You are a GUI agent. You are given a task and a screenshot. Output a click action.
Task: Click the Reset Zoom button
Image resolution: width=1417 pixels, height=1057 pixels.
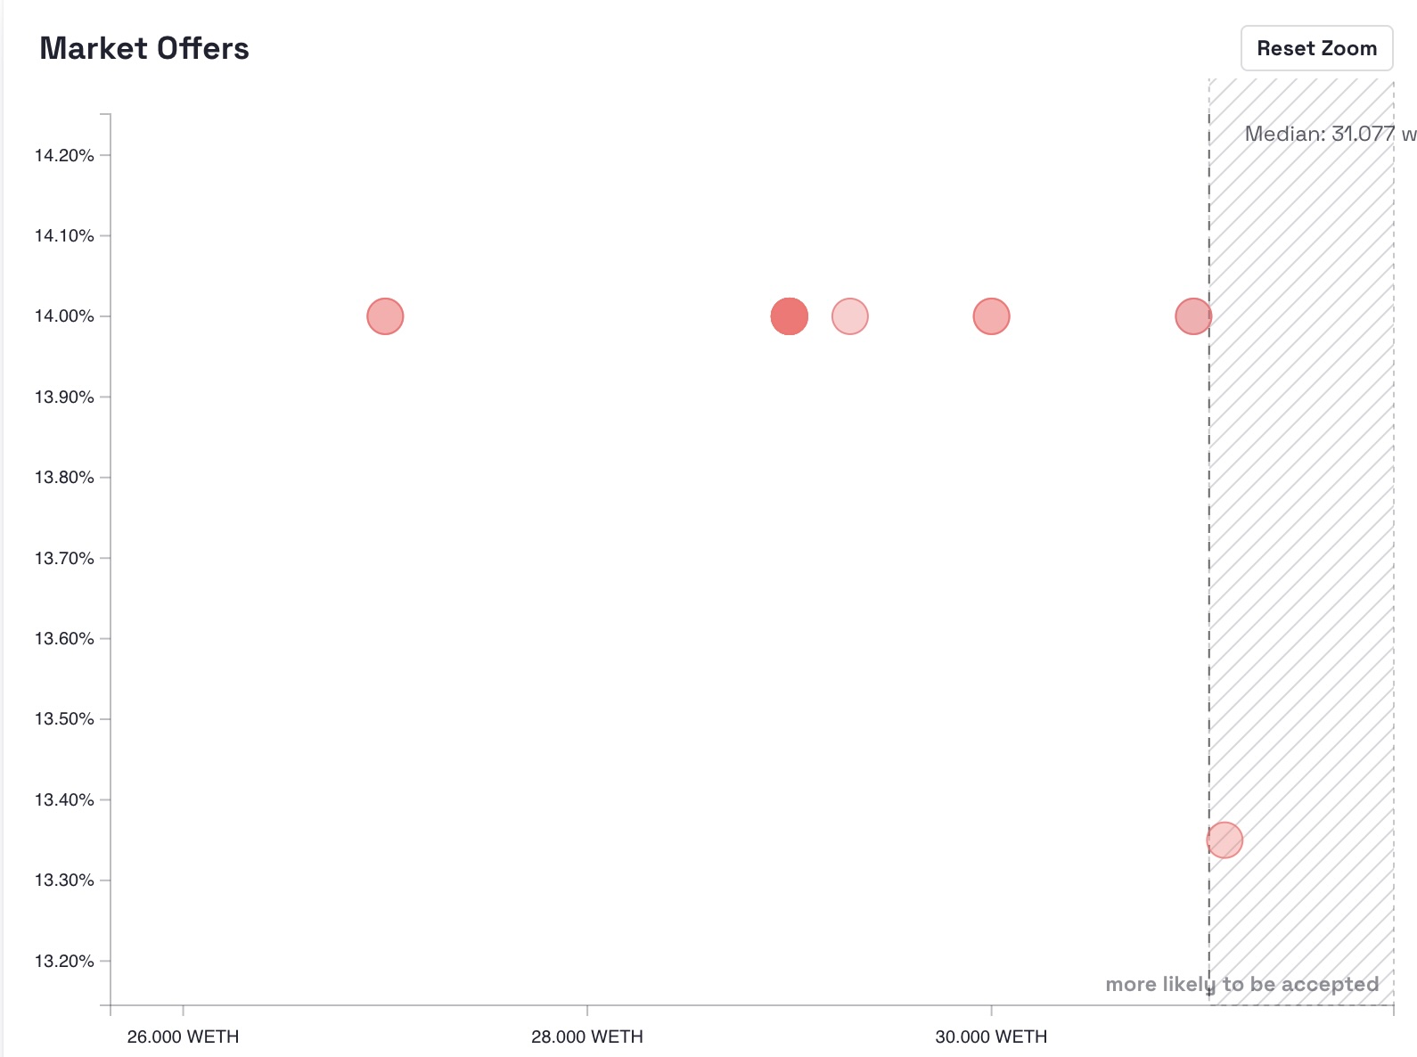1316,48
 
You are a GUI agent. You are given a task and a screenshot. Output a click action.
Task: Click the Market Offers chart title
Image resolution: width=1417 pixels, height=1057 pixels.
144,48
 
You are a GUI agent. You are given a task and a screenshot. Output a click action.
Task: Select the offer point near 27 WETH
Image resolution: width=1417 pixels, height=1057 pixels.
385,316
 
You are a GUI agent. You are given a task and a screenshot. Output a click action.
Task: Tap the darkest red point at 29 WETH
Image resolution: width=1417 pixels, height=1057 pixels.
789,316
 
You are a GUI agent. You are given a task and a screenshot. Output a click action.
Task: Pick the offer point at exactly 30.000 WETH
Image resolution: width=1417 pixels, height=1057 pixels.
991,316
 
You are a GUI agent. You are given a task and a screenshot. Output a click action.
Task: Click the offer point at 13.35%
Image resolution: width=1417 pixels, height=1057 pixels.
1225,840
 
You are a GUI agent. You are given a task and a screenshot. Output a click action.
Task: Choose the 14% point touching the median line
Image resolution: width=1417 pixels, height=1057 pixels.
1193,316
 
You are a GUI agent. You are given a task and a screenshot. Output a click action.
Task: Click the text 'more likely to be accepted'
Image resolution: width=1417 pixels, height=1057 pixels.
1241,984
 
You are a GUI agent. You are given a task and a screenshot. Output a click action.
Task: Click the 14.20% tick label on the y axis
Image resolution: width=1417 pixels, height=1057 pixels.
64,156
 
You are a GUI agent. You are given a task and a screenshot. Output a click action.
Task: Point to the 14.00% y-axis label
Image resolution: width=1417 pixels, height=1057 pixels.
64,316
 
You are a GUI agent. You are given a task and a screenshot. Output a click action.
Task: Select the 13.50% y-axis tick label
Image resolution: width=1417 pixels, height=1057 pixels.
64,719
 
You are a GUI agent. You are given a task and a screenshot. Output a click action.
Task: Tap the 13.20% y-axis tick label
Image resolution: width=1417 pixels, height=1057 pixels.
64,961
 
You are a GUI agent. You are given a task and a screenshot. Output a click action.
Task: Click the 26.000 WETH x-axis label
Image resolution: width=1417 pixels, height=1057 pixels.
183,1037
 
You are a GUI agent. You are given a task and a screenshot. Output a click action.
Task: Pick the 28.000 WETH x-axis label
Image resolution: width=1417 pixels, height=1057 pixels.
586,1037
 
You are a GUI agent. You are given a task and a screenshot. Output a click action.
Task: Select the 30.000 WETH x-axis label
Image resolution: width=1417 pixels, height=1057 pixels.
991,1037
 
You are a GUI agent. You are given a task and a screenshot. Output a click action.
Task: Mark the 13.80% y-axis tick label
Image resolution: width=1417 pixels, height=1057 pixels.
64,478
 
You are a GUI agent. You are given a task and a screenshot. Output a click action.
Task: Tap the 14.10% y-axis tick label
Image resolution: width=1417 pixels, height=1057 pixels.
64,236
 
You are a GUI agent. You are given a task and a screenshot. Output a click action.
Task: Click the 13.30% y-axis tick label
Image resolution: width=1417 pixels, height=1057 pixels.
64,881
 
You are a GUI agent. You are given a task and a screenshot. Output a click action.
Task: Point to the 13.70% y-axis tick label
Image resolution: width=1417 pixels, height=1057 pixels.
64,559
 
